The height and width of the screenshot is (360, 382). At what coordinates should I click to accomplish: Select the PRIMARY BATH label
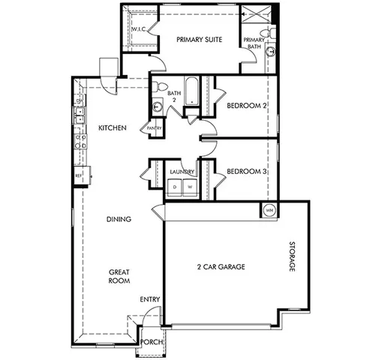254,43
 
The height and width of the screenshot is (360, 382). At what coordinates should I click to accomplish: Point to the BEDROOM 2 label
247,106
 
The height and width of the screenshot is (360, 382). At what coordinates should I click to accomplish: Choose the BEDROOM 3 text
247,171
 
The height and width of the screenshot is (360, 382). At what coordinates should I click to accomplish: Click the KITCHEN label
112,127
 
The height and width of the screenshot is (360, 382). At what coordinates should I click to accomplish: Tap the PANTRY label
155,128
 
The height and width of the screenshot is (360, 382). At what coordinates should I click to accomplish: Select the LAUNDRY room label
182,171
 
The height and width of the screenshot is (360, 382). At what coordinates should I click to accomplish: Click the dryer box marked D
175,187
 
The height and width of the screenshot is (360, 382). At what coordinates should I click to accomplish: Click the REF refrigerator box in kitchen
78,176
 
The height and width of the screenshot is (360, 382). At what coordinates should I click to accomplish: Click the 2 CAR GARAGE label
221,266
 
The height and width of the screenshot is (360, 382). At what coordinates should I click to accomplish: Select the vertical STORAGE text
293,258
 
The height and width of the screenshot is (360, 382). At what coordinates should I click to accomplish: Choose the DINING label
119,220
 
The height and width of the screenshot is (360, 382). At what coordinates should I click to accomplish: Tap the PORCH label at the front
152,342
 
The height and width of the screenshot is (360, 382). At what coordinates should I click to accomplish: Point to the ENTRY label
150,300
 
